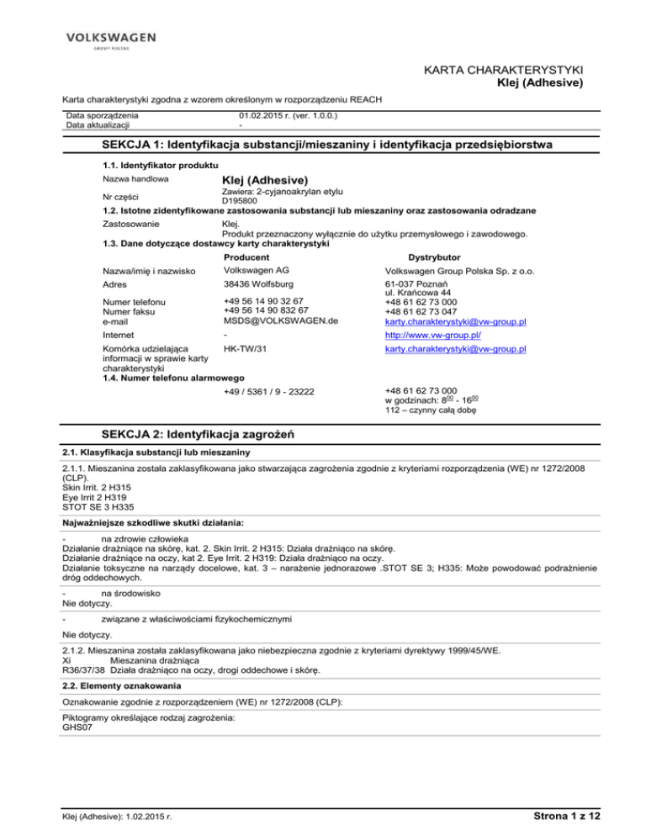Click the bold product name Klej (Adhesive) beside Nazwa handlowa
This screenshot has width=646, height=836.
(265, 180)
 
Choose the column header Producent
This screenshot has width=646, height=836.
(246, 257)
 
